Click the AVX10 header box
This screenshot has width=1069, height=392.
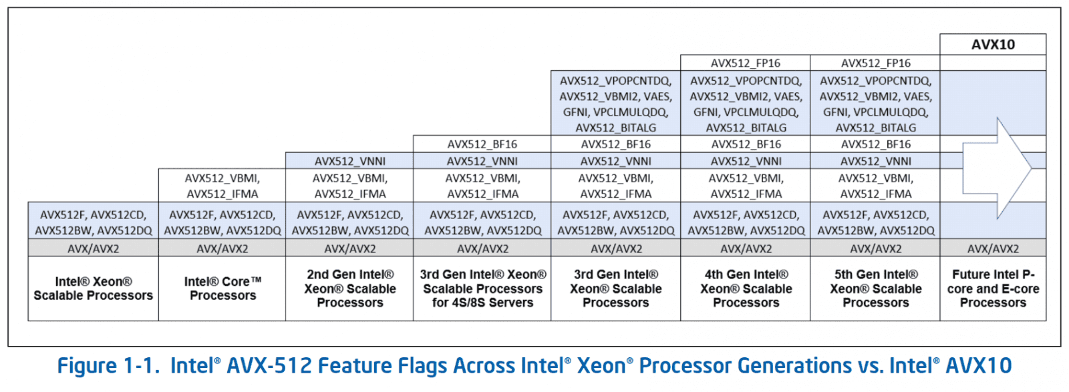(993, 45)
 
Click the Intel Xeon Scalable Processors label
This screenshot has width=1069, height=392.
(94, 288)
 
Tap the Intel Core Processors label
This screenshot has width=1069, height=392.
(222, 288)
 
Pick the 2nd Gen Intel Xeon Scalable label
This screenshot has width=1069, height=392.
(350, 288)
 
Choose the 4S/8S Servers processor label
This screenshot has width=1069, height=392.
(482, 288)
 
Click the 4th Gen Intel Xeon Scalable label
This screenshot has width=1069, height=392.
(746, 288)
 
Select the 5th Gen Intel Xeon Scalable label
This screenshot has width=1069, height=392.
(875, 288)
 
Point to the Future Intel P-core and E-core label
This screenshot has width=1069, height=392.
(993, 288)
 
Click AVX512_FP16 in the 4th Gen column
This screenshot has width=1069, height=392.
(746, 63)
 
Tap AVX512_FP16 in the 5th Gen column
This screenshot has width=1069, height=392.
(875, 63)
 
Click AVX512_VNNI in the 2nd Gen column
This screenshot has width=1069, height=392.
(350, 161)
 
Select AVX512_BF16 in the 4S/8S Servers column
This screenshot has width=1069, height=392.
(482, 144)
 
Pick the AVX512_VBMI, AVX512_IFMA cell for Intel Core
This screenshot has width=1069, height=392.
(222, 186)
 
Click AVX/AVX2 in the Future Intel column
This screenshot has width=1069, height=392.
(993, 248)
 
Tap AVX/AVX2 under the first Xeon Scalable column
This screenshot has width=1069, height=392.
(94, 248)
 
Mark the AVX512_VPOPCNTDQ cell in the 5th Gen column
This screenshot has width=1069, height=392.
(875, 104)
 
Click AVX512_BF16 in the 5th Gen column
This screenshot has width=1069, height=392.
(875, 144)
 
